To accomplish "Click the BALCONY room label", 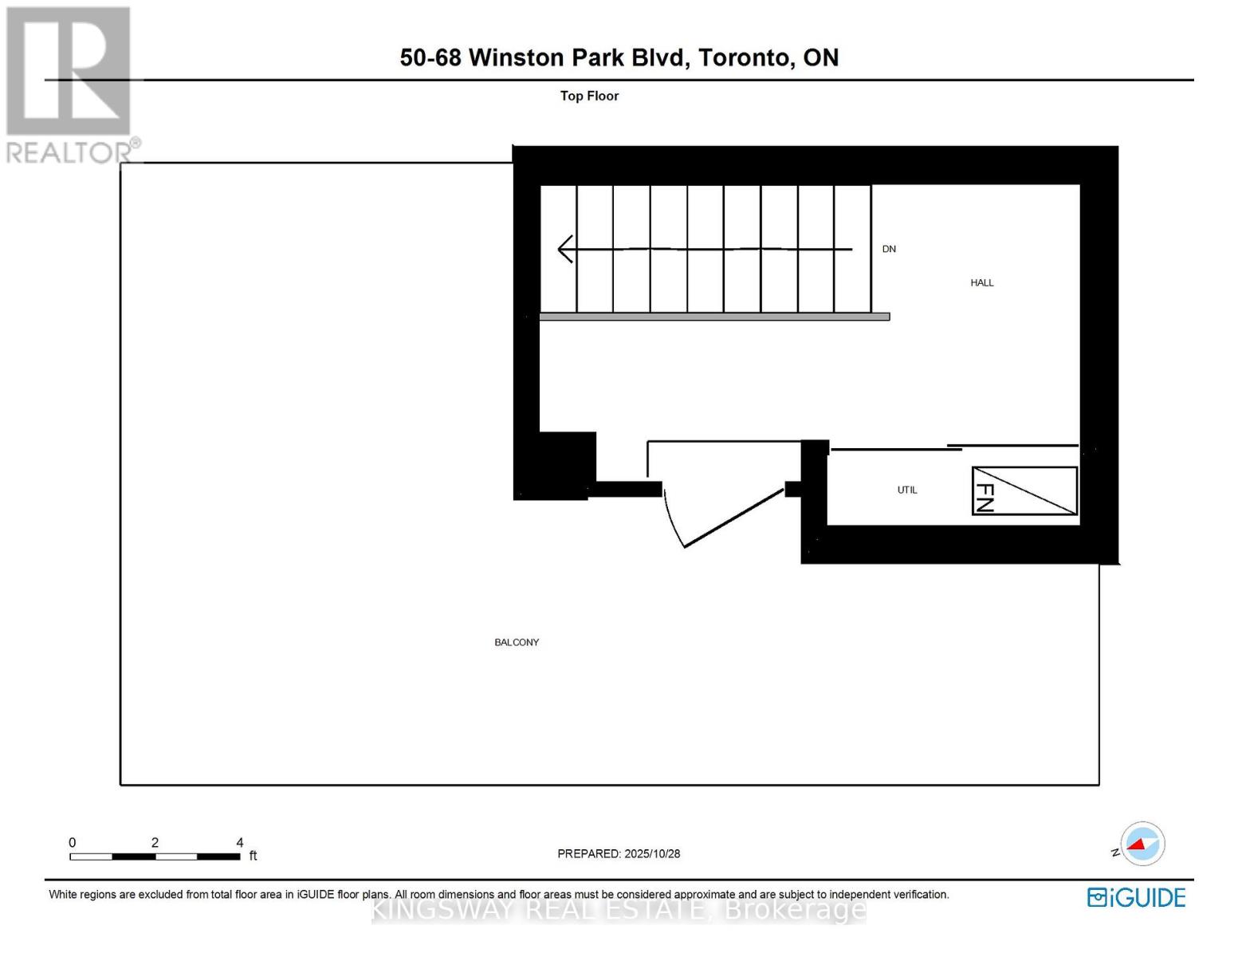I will click(x=517, y=642).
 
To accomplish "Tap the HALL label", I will click(x=982, y=282).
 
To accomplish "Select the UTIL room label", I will click(x=907, y=490).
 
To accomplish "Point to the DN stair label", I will click(x=889, y=249).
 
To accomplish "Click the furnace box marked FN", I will click(x=1024, y=490).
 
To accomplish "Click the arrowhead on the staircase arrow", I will click(x=565, y=249).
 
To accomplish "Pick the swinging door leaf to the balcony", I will click(x=734, y=518).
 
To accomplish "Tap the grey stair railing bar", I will click(x=714, y=317).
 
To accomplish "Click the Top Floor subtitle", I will click(x=589, y=96).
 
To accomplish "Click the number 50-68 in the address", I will click(x=430, y=57).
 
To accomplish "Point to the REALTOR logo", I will click(x=70, y=84).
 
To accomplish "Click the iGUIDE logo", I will click(x=1136, y=897).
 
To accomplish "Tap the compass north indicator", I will click(x=1142, y=844).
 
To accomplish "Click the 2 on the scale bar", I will click(x=155, y=842).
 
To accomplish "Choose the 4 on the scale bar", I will click(x=240, y=842).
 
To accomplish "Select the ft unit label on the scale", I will click(x=253, y=856).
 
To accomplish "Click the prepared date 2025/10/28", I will click(x=652, y=853).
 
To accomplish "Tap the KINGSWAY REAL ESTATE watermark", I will click(x=619, y=910).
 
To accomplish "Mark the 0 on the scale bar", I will click(x=73, y=842).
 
